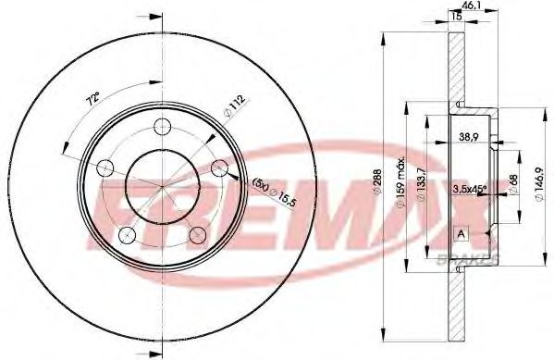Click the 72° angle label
pyautogui.click(x=93, y=99)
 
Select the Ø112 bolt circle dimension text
pyautogui.click(x=235, y=106)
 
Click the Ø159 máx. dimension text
pyautogui.click(x=401, y=183)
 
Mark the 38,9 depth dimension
pyautogui.click(x=469, y=137)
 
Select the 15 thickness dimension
pyautogui.click(x=457, y=17)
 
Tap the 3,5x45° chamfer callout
pyautogui.click(x=469, y=189)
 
